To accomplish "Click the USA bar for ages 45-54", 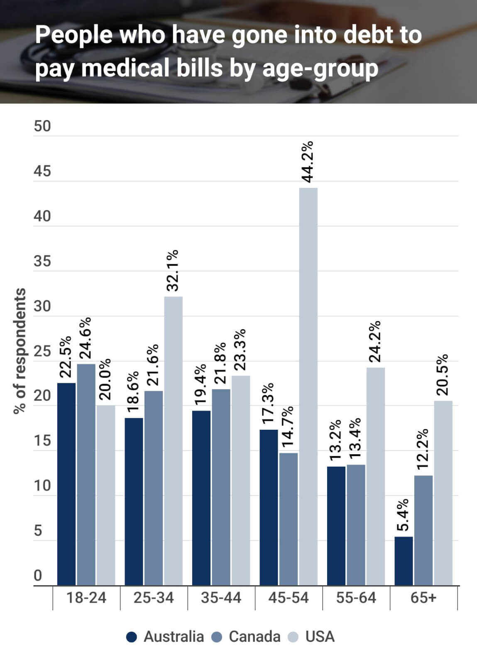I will (x=308, y=387).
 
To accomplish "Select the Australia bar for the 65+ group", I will (x=404, y=561).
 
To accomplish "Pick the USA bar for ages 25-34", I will (x=173, y=441).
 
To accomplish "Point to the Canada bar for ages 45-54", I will (x=289, y=519).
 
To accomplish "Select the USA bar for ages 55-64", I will (x=376, y=476).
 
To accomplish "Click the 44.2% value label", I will (x=308, y=162).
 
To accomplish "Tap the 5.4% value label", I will (x=403, y=515).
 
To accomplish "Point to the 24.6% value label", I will (x=86, y=338).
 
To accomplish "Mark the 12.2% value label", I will (x=423, y=449).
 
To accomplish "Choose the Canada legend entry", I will (x=246, y=637).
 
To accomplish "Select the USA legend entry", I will (x=312, y=637).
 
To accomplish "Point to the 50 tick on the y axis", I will (x=42, y=126).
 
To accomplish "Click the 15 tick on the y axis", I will (x=42, y=441).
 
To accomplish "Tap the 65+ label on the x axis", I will (x=423, y=598).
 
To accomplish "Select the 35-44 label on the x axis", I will (x=221, y=598).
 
